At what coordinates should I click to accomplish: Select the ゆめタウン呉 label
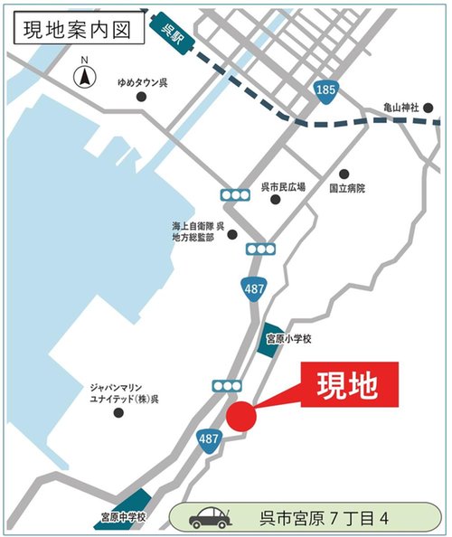pos(143,82)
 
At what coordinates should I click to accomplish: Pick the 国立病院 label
pos(348,189)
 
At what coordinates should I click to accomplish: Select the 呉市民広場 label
pos(283,187)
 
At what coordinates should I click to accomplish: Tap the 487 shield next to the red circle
pos(209,438)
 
